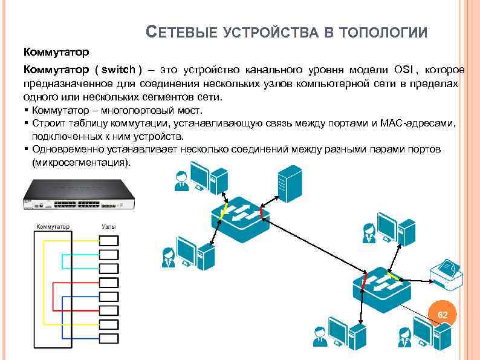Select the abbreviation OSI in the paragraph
pyautogui.click(x=404, y=70)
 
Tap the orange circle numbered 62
pyautogui.click(x=443, y=315)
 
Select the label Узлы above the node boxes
pyautogui.click(x=109, y=227)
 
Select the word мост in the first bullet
pyautogui.click(x=192, y=110)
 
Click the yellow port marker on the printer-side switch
pyautogui.click(x=394, y=277)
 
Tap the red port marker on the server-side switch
pyautogui.click(x=261, y=213)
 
